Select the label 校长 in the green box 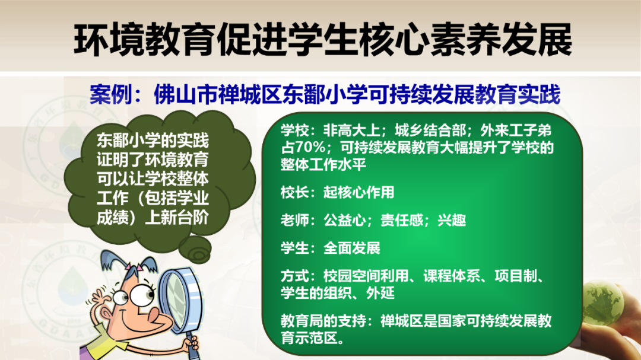pyautogui.click(x=294, y=192)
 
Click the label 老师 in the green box pyautogui.click(x=294, y=220)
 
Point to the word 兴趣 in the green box pyautogui.click(x=452, y=220)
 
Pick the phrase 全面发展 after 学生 pyautogui.click(x=352, y=248)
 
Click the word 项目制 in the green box pyautogui.click(x=516, y=276)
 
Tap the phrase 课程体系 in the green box pyautogui.click(x=452, y=276)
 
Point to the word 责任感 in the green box pyautogui.click(x=402, y=220)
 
